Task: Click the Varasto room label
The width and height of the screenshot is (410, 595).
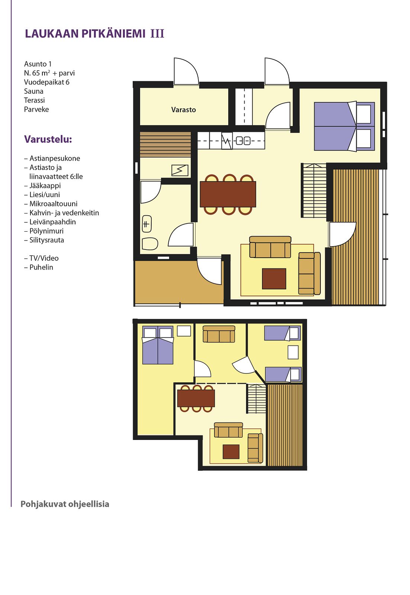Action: click(x=183, y=109)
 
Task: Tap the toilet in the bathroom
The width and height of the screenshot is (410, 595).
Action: click(x=150, y=243)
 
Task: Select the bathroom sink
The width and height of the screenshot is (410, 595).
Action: click(x=147, y=224)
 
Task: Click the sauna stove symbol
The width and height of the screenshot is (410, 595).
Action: click(x=180, y=170)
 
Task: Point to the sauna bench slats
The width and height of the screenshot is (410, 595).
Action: click(x=165, y=144)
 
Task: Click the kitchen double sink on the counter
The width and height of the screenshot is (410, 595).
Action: click(x=243, y=141)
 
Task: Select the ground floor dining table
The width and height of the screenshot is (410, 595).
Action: click(x=227, y=194)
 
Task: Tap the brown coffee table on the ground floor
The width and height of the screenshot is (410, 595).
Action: click(x=274, y=279)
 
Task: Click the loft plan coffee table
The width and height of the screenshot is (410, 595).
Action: click(x=231, y=451)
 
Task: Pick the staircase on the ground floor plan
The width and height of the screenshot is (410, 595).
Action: click(x=314, y=190)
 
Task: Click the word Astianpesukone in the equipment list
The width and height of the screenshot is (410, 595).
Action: click(x=55, y=158)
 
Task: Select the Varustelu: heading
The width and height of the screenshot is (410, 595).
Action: click(x=48, y=139)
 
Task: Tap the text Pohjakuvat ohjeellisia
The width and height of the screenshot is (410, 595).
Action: click(x=65, y=504)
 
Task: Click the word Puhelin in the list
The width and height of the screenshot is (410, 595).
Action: click(x=41, y=267)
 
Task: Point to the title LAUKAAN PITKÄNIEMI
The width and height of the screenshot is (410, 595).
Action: click(x=85, y=34)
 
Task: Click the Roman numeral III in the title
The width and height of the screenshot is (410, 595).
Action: click(x=158, y=34)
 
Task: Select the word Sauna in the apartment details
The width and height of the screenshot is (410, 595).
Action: click(x=33, y=91)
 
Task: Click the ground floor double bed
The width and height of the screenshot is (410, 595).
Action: click(x=345, y=126)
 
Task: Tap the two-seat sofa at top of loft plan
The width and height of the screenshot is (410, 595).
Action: click(x=219, y=334)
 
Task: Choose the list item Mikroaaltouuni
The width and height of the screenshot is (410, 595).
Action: click(x=54, y=204)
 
